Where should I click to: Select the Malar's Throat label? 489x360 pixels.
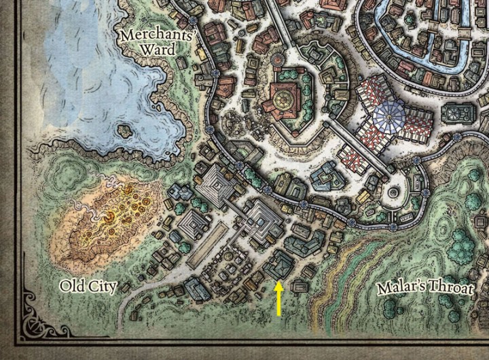tap(424, 289)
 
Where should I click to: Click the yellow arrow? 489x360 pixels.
tap(278, 300)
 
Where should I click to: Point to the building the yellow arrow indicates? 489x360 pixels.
tap(278, 264)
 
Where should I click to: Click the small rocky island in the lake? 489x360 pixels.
tap(124, 130)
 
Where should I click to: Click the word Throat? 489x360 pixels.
tap(451, 289)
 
